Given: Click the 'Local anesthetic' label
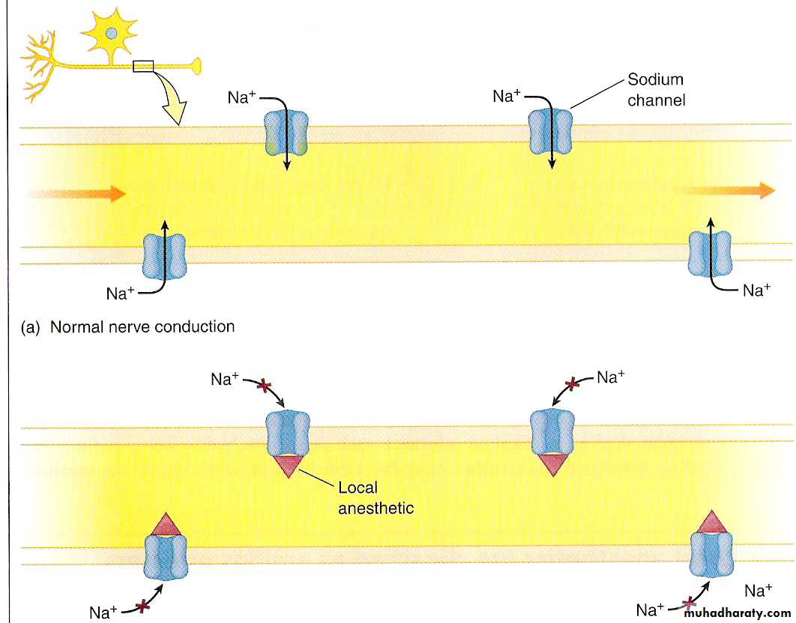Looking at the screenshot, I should pyautogui.click(x=376, y=498).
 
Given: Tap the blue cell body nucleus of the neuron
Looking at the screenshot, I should pyautogui.click(x=112, y=32).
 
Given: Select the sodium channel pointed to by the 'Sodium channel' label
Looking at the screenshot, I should pyautogui.click(x=551, y=132).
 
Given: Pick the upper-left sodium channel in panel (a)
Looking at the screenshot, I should pyautogui.click(x=286, y=133).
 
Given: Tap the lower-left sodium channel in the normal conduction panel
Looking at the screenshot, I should pyautogui.click(x=165, y=256).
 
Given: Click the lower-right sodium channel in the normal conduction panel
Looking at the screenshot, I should pyautogui.click(x=711, y=253).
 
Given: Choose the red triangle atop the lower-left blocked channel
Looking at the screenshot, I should pyautogui.click(x=165, y=524).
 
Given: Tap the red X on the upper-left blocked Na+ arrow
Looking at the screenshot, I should pyautogui.click(x=263, y=386).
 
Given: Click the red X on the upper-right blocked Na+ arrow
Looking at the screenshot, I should pyautogui.click(x=573, y=384).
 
